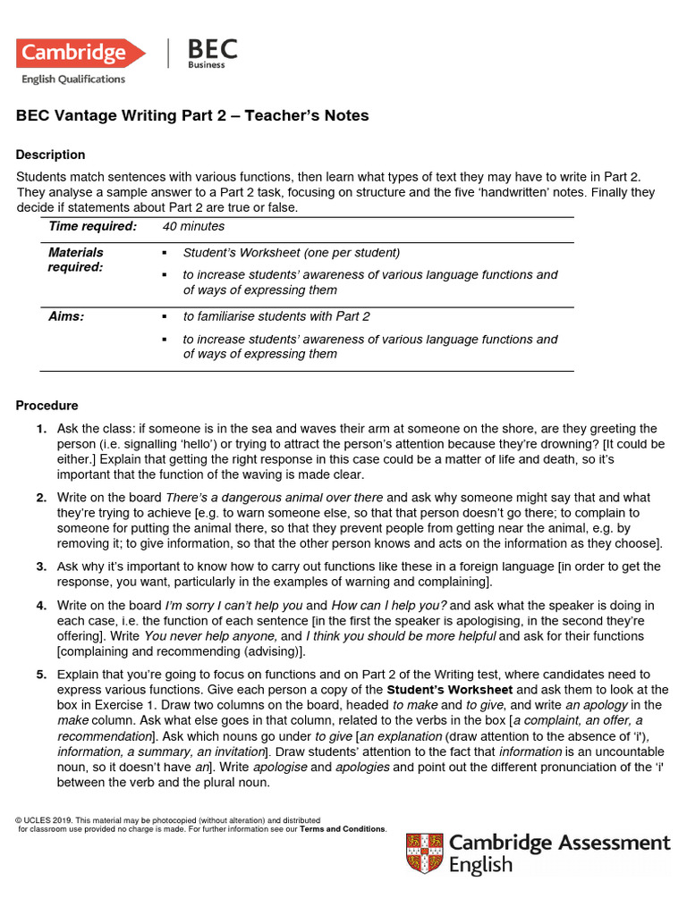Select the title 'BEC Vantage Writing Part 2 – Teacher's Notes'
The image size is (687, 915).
[192, 116]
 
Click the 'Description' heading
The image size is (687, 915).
[50, 155]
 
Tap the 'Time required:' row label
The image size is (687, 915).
[92, 227]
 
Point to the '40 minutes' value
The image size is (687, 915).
[193, 227]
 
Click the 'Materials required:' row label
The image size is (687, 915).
[75, 259]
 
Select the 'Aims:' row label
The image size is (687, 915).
[66, 316]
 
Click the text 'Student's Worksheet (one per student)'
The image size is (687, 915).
[291, 253]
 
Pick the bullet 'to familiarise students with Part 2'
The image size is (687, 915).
[276, 316]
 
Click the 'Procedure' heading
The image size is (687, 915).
[47, 406]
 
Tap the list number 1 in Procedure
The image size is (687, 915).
[41, 429]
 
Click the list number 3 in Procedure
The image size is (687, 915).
[41, 567]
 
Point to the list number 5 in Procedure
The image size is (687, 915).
[41, 675]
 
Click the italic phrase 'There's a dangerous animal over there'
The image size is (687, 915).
[275, 498]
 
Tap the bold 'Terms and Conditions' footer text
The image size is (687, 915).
[343, 828]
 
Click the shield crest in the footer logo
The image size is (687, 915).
[424, 852]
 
